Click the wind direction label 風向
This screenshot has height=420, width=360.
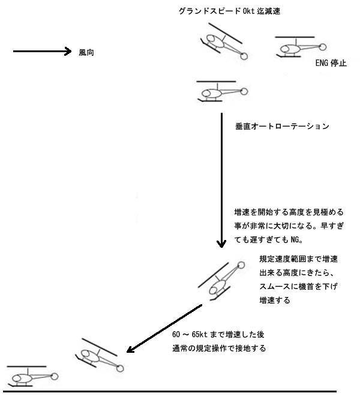tap(86, 53)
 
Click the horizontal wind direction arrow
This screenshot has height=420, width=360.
tap(43, 51)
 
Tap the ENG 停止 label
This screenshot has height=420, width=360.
tap(331, 63)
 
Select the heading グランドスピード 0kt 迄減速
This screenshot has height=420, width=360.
tap(229, 11)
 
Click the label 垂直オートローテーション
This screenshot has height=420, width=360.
tap(282, 126)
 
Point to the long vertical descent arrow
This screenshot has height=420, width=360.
tap(221, 180)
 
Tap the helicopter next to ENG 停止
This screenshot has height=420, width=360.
tap(301, 47)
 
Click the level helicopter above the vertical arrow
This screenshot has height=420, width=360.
tap(222, 91)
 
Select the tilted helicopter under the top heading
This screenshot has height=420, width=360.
tap(224, 41)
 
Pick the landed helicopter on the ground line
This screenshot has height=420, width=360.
tap(32, 376)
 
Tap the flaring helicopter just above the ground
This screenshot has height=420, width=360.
tap(100, 355)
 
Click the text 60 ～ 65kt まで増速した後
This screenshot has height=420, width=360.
tap(218, 335)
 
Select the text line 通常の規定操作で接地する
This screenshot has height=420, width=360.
tap(219, 349)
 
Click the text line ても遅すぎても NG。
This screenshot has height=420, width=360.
tap(269, 239)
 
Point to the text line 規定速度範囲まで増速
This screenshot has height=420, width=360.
tap(298, 259)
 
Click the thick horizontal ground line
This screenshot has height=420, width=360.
tap(170, 391)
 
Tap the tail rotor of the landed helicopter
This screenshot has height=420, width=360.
tap(55, 376)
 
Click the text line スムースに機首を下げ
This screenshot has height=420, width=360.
tap(298, 286)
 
